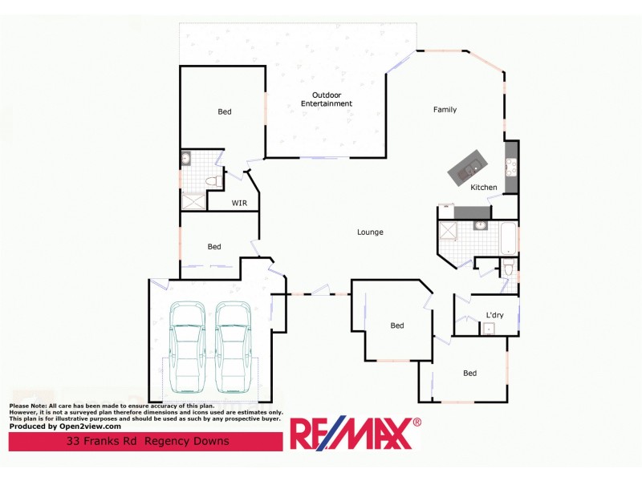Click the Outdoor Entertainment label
[326, 99]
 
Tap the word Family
[445, 110]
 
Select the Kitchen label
[484, 188]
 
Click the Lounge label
[370, 232]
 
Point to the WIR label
[239, 203]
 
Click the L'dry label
[494, 315]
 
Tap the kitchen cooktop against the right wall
[510, 167]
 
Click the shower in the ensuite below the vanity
[191, 200]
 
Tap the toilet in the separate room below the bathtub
[508, 269]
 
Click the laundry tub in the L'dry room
[489, 328]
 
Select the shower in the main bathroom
[447, 233]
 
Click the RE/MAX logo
[354, 434]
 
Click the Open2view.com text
[89, 426]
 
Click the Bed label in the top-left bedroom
[225, 111]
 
